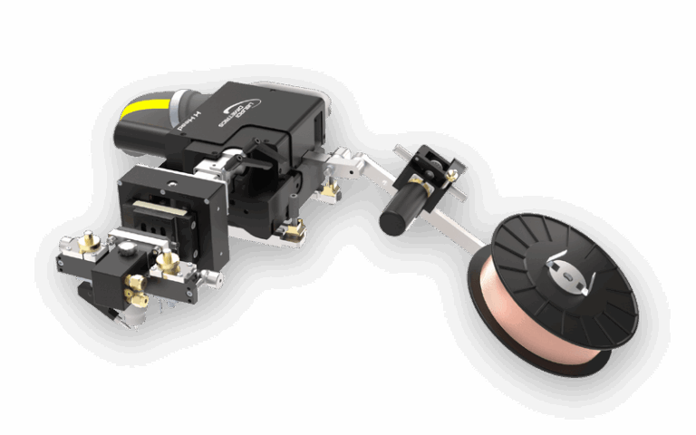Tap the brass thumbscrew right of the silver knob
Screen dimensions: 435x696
pos(165,262)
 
